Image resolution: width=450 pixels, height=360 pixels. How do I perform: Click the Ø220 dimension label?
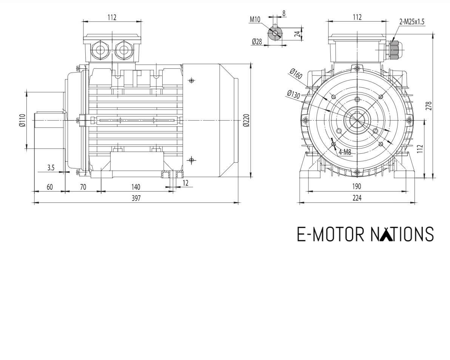246,121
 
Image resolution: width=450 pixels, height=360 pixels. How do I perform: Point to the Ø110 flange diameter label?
22,121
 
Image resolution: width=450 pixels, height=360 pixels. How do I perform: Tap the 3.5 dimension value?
51,168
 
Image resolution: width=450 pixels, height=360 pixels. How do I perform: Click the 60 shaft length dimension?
49,187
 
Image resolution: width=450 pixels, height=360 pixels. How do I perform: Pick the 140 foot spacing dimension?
136,187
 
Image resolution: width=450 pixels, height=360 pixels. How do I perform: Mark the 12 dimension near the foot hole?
185,182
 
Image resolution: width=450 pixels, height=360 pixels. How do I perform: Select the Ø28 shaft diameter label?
257,42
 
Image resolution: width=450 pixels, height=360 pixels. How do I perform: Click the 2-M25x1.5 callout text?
412,22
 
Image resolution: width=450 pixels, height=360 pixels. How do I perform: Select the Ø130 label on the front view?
293,94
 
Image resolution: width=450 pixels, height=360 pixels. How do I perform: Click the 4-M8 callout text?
345,153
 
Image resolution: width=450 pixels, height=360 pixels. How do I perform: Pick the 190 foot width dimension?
356,187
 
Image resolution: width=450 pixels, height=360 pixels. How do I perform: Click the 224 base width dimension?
356,198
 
